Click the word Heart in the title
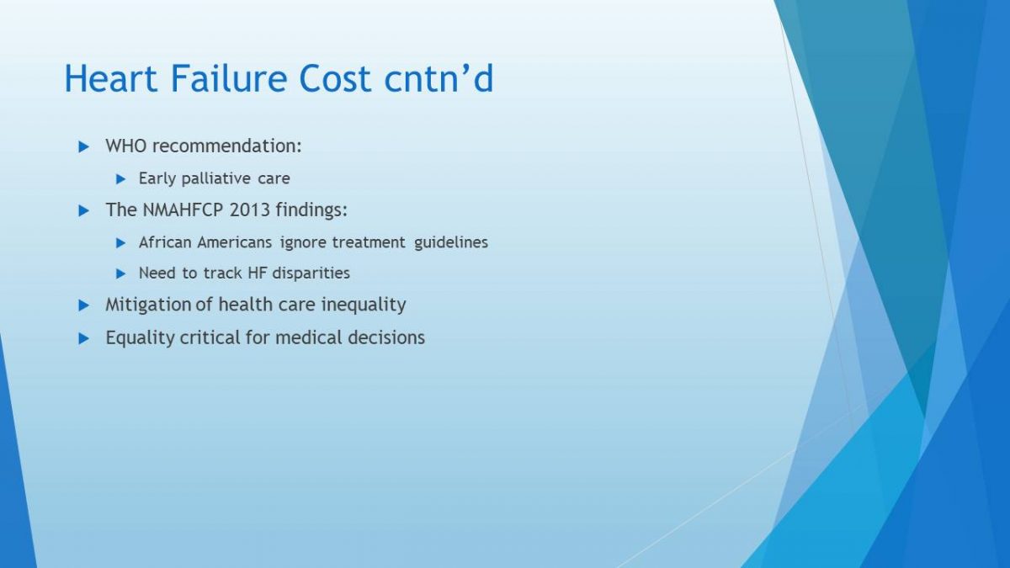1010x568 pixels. coord(111,78)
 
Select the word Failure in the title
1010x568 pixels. coord(229,78)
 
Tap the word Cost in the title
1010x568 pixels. coord(335,78)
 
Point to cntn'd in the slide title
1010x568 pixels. coord(439,78)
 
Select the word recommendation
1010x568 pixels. coord(226,146)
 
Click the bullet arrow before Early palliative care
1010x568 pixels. coord(120,179)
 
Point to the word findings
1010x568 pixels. coord(311,210)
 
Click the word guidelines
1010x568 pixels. coord(451,243)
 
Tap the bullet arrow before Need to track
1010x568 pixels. coord(120,273)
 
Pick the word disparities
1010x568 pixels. coord(311,273)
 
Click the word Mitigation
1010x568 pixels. coord(148,305)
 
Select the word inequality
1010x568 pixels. coord(364,305)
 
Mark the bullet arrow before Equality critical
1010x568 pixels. coord(83,338)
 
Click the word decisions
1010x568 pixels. coord(386,337)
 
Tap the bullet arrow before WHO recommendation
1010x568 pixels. coord(83,147)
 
